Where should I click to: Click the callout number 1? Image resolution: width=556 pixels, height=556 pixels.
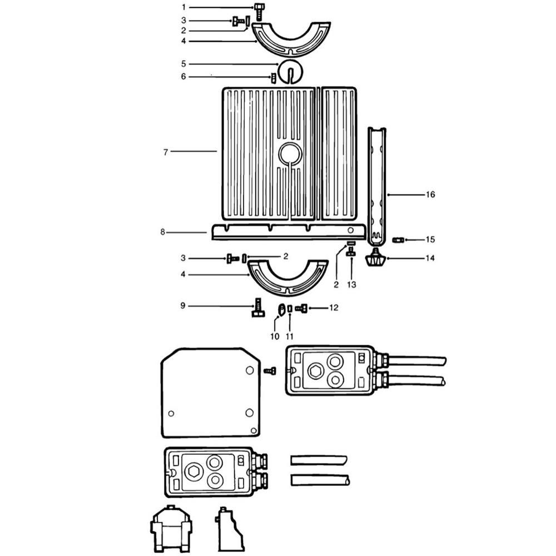tap(183, 7)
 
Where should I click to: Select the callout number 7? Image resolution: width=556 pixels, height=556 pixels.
tap(166, 152)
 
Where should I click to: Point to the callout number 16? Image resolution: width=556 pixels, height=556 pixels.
tap(430, 194)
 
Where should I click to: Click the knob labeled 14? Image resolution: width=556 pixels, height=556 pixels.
tap(375, 259)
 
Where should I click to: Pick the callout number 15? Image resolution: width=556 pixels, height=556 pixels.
tap(430, 239)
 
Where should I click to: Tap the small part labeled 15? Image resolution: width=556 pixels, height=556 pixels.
tap(399, 240)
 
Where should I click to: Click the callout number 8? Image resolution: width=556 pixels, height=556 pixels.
tap(163, 232)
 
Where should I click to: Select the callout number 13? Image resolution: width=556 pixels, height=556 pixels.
tap(351, 284)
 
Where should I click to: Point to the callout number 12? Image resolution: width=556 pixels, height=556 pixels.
tap(334, 307)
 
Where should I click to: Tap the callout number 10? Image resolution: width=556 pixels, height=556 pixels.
tap(275, 336)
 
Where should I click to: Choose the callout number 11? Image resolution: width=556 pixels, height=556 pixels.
tap(290, 336)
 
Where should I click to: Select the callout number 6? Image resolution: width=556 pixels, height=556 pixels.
tap(183, 77)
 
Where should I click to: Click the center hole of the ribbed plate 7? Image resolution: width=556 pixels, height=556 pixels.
tap(290, 154)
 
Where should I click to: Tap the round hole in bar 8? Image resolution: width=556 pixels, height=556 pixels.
tap(350, 230)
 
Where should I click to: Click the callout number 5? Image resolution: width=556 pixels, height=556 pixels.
tap(183, 64)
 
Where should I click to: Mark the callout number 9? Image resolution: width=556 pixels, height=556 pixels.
tap(183, 306)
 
